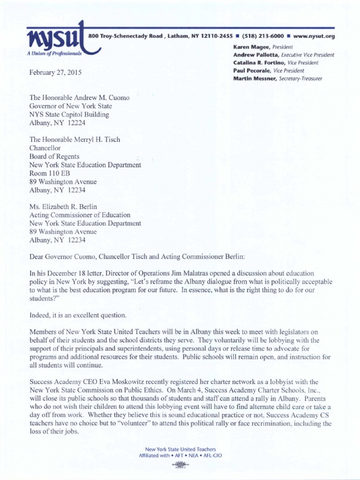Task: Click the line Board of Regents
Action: pos(54,156)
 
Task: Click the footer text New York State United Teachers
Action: pos(180,449)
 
